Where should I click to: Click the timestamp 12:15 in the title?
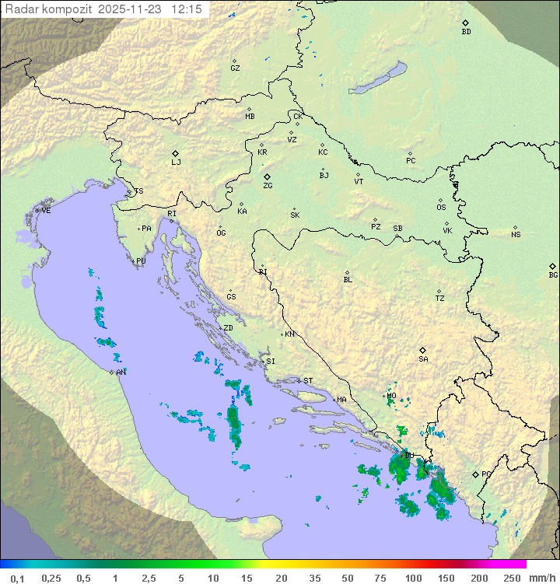[x=187, y=9]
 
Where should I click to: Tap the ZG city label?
[x=268, y=187]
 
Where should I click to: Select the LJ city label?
[x=176, y=163]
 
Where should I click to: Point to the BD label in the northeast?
[x=466, y=32]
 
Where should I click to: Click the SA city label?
[x=423, y=359]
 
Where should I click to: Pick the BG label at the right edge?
[x=553, y=275]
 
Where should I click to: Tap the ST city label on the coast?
[x=308, y=381]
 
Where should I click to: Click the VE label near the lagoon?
[x=46, y=211]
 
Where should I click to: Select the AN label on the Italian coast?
[x=121, y=372]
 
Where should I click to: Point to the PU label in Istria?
[x=141, y=261]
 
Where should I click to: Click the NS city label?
[x=516, y=235]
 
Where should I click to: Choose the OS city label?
[x=441, y=208]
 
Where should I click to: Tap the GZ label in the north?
[x=235, y=68]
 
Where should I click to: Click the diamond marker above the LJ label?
[x=176, y=153]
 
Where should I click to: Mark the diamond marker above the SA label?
[x=423, y=350]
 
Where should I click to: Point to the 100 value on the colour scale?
[x=413, y=578]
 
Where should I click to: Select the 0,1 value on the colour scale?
[x=17, y=578]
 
